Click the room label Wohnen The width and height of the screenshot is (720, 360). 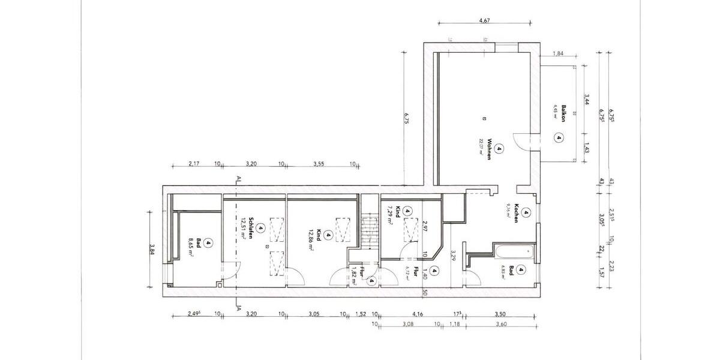[490, 149]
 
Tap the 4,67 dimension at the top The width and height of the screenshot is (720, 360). [484, 20]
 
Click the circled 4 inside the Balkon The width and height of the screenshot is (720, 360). [559, 137]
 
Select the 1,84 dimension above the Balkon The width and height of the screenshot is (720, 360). [557, 54]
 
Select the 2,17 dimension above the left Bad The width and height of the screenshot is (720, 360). [193, 163]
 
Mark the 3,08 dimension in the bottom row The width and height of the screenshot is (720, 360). [408, 325]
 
